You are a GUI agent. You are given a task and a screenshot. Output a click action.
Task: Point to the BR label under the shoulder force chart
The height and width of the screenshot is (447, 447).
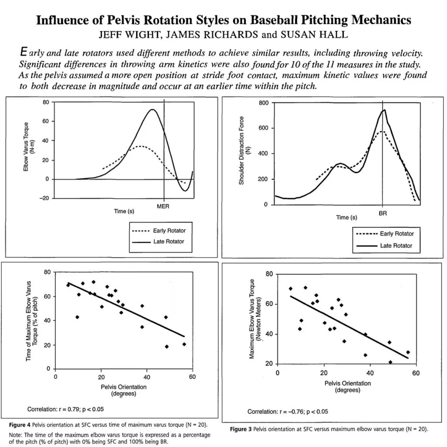[383, 213]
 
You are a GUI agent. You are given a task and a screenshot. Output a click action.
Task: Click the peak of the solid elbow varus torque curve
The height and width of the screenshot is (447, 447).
[152, 110]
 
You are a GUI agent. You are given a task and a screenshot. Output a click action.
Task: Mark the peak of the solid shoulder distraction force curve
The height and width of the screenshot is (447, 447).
[384, 110]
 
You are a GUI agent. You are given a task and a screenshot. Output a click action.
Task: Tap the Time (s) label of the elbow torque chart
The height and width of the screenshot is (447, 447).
[124, 211]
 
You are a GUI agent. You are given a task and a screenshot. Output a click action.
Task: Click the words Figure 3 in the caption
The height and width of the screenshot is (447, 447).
[241, 429]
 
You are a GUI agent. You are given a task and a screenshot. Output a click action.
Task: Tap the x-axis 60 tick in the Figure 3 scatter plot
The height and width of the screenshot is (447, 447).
[416, 373]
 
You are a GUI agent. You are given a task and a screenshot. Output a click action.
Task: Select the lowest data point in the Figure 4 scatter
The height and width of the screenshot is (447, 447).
[167, 347]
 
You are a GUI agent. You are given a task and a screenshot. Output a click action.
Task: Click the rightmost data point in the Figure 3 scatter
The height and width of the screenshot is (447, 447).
[408, 352]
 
